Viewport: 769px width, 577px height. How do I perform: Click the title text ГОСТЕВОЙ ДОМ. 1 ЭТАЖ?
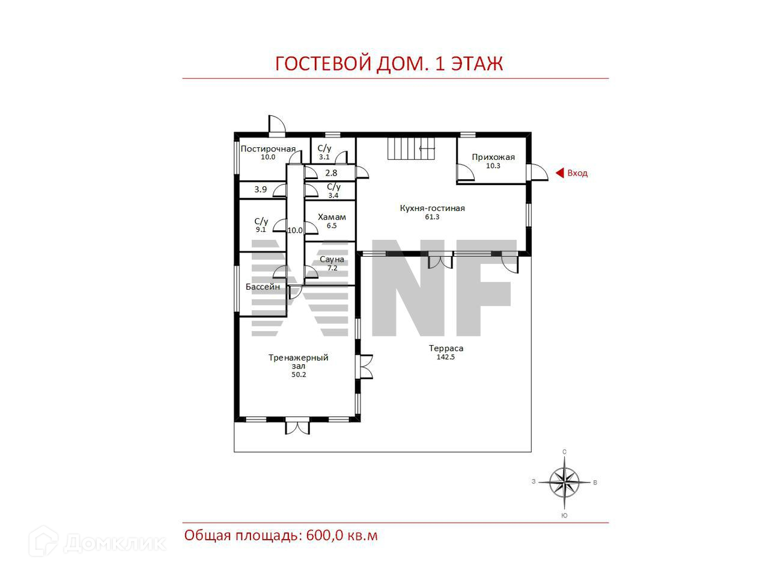pyautogui.click(x=389, y=64)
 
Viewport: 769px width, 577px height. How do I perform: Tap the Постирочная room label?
pyautogui.click(x=268, y=149)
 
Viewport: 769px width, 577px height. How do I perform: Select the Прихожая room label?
pyautogui.click(x=493, y=157)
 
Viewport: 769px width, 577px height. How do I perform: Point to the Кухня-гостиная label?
pyautogui.click(x=432, y=208)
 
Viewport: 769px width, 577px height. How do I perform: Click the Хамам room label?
pyautogui.click(x=332, y=217)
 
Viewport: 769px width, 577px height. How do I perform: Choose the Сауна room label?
pyautogui.click(x=332, y=259)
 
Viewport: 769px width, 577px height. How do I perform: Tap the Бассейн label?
pyautogui.click(x=263, y=287)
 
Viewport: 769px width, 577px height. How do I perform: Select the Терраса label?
pyautogui.click(x=446, y=348)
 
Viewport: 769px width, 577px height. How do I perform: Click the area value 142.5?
pyautogui.click(x=446, y=357)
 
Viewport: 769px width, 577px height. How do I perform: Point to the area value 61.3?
pyautogui.click(x=432, y=217)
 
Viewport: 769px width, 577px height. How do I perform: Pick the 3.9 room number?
pyautogui.click(x=260, y=189)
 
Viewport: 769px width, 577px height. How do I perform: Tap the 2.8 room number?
pyautogui.click(x=331, y=173)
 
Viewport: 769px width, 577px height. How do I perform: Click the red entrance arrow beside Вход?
pyautogui.click(x=559, y=173)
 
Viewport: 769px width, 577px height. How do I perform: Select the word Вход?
pyautogui.click(x=577, y=173)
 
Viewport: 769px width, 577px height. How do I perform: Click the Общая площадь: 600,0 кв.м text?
pyautogui.click(x=281, y=535)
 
